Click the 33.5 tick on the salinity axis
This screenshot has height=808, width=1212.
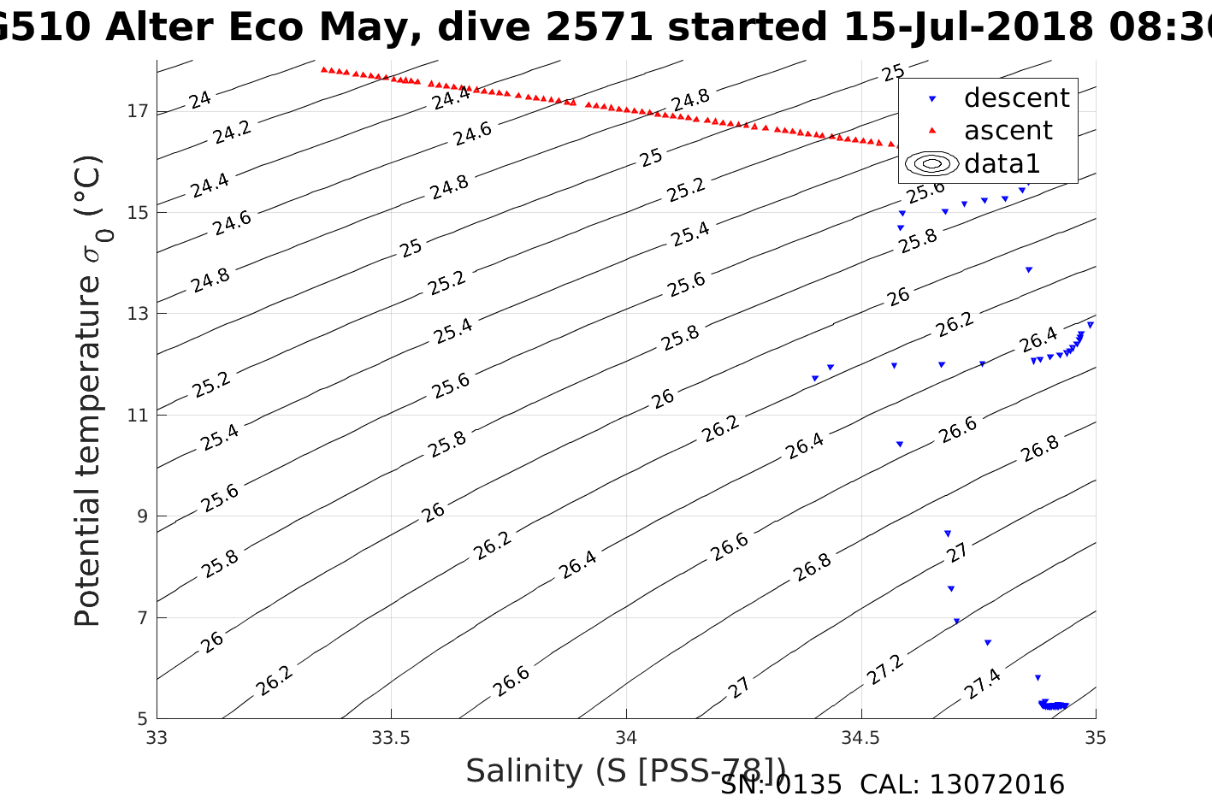[x=392, y=737]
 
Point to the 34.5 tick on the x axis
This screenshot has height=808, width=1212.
[x=860, y=737]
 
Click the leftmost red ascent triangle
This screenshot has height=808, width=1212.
[x=323, y=69]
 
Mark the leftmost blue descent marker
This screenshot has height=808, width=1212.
[x=815, y=378]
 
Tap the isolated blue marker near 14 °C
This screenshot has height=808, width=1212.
[x=1029, y=269]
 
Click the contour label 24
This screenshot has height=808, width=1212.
[x=200, y=100]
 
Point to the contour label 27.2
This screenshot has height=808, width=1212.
[x=884, y=670]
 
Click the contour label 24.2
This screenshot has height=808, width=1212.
[x=232, y=132]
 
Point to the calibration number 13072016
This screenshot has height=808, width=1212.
[x=996, y=784]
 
